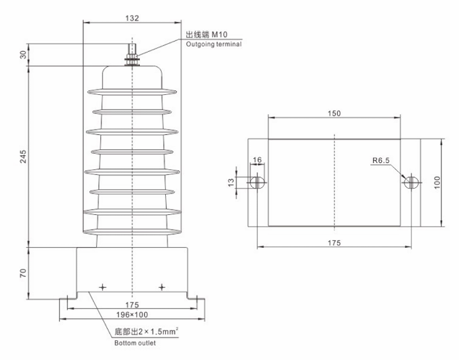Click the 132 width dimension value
click(x=132, y=18)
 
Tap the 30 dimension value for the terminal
click(x=23, y=54)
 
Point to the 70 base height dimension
click(x=23, y=273)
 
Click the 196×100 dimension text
click(x=131, y=314)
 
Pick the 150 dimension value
click(x=334, y=113)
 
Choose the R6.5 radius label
click(x=382, y=161)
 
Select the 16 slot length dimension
click(x=257, y=161)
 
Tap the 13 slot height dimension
click(x=233, y=182)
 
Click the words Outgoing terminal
click(x=213, y=44)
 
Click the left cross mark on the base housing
click(x=103, y=287)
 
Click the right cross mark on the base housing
click(x=161, y=287)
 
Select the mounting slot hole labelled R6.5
click(x=410, y=182)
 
